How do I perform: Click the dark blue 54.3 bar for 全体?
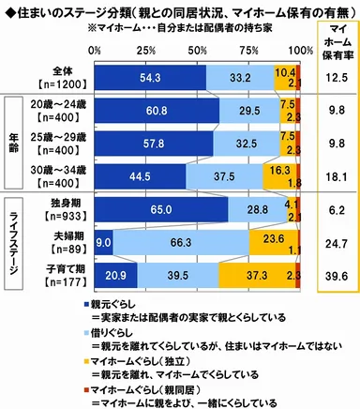click(x=150, y=79)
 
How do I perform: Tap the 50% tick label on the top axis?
click(x=199, y=49)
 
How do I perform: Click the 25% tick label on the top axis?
click(x=146, y=49)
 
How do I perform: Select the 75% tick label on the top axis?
click(x=249, y=49)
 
